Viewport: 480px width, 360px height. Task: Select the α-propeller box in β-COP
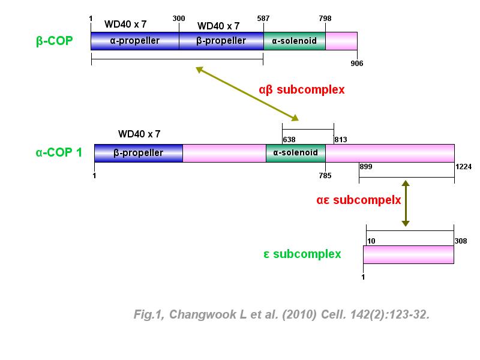pos(134,41)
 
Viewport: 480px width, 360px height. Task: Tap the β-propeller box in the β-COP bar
pos(221,41)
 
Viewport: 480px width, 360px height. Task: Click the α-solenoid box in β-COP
pos(294,41)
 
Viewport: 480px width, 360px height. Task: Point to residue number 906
pos(357,63)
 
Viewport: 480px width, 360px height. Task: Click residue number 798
pos(325,19)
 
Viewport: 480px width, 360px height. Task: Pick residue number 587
pos(263,19)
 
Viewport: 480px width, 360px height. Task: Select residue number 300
pos(179,19)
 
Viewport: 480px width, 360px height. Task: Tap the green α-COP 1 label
pos(59,152)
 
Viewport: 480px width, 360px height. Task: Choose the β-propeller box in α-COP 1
pos(138,153)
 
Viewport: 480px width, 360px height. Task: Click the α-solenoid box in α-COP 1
pos(295,153)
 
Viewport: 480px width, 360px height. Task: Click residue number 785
pos(325,176)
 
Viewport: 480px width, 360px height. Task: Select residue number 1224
pos(464,166)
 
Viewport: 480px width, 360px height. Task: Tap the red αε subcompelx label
pos(359,200)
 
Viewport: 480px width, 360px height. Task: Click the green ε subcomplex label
pos(302,254)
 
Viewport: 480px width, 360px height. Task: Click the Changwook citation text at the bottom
pos(281,314)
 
